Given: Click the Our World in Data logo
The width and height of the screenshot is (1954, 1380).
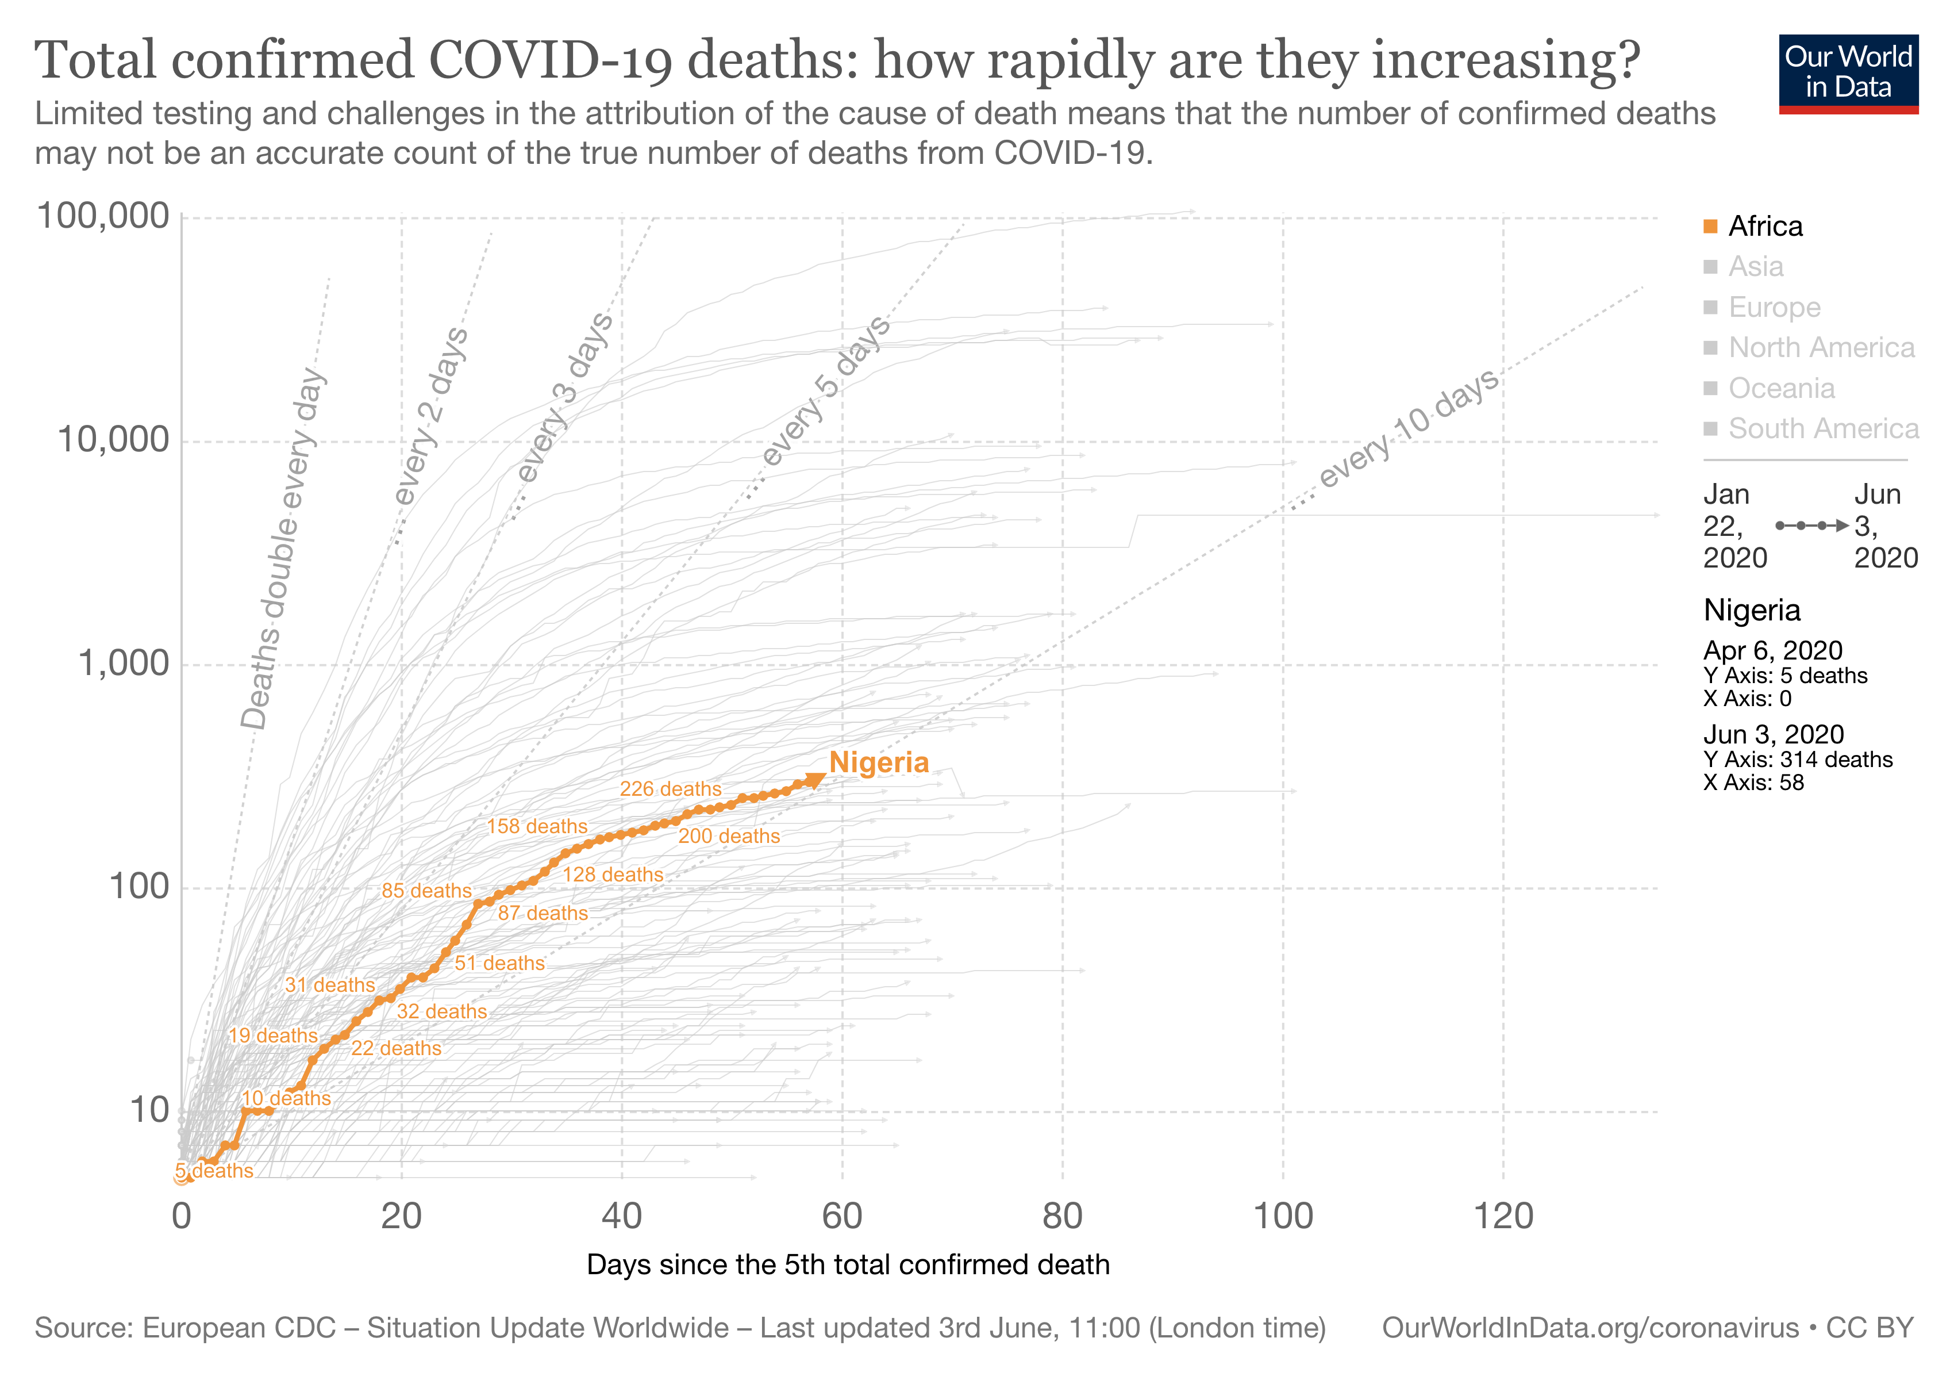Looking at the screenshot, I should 1848,73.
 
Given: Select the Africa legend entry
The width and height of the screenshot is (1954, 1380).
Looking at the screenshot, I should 1765,227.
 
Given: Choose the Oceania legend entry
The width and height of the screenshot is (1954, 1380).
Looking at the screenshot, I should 1781,388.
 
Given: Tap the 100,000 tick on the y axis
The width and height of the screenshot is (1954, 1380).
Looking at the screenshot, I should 103,216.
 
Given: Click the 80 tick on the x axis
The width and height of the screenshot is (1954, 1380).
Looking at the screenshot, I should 1062,1216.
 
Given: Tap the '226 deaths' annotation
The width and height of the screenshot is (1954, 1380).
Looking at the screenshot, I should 671,789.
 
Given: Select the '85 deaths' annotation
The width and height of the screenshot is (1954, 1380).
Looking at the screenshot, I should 426,891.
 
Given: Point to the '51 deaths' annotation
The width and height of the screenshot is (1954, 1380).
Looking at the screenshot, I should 499,963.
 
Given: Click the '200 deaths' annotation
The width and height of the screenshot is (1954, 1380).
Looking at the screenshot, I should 729,836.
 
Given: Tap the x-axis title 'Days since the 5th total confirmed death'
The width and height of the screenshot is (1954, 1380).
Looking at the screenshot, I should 848,1265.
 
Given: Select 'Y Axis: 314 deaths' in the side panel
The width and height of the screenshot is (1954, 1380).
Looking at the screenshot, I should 1798,760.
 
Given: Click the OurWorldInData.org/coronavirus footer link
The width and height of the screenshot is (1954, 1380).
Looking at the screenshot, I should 1590,1328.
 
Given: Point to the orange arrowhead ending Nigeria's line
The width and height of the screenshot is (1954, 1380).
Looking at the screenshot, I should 816,780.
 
